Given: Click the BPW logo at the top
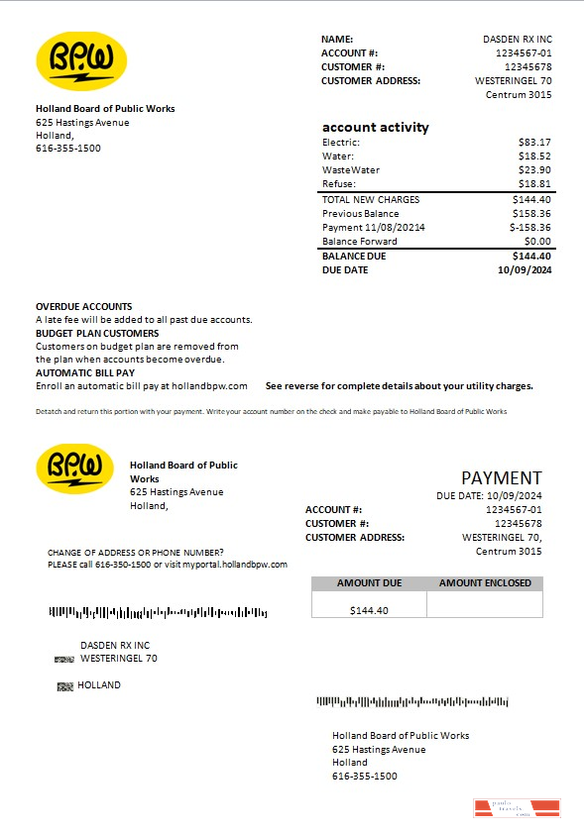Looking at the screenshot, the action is click(x=81, y=61).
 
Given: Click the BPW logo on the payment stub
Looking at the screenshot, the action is click(x=81, y=468).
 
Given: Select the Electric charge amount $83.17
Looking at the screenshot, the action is click(x=534, y=143).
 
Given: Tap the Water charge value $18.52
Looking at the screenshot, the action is click(x=534, y=156).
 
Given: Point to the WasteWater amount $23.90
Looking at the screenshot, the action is click(x=534, y=170).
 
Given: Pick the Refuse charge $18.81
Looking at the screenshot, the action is click(x=534, y=184).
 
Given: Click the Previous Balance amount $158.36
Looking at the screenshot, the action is click(x=530, y=214).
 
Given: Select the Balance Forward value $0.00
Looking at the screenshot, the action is click(x=537, y=242).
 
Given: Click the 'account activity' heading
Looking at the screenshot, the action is click(x=376, y=127).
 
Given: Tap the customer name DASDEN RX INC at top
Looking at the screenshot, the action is click(x=517, y=40).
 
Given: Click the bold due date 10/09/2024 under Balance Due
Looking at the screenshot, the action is click(x=525, y=270).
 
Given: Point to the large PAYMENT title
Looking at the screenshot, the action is click(x=502, y=478).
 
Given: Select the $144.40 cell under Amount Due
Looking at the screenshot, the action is click(x=369, y=610).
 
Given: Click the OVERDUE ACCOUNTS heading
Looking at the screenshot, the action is click(x=84, y=307).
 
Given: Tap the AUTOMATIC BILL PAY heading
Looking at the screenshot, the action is click(x=85, y=372).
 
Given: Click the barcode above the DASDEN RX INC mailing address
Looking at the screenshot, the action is click(x=158, y=613).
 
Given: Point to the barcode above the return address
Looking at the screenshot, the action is click(x=412, y=702).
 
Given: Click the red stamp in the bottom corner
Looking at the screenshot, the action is click(x=517, y=809).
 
